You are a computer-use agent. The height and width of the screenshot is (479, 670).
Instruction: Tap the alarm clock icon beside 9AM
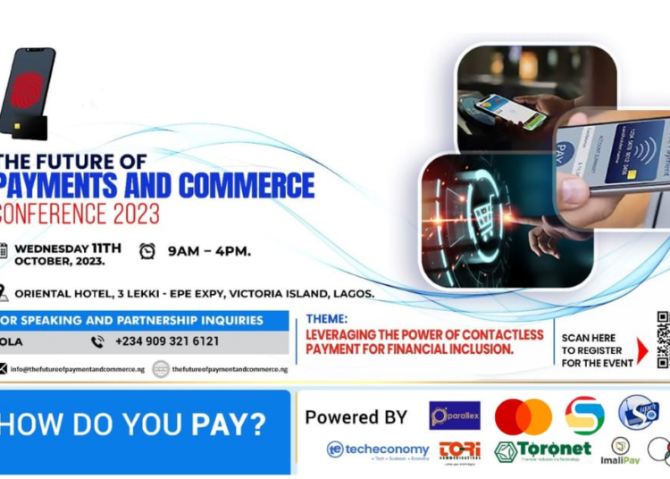(147, 251)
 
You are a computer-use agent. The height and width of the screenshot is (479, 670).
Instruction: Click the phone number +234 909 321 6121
(166, 341)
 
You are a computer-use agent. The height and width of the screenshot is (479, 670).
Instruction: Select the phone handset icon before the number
(97, 341)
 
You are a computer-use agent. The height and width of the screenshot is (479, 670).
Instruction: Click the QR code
(663, 340)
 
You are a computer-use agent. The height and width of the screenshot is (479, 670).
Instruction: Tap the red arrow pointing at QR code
(641, 350)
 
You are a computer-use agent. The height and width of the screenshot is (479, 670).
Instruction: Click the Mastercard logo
(523, 416)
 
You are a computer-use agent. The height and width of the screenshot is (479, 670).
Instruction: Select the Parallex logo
(455, 416)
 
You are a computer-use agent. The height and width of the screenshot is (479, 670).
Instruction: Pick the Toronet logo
(542, 450)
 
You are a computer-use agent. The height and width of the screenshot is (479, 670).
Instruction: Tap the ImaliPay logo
(621, 451)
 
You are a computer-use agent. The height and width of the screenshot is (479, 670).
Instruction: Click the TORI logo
(460, 450)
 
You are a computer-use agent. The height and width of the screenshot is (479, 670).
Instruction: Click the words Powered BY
(356, 416)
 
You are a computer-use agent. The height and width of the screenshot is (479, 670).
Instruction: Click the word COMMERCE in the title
(246, 186)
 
